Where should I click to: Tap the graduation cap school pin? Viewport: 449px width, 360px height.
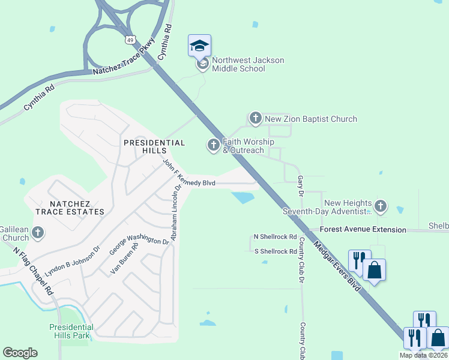200,46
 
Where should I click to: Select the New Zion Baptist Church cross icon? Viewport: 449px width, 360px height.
256,119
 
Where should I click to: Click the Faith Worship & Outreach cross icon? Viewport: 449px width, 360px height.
214,145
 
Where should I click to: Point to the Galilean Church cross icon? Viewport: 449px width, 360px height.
38,232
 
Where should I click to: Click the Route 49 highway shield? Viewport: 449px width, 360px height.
130,40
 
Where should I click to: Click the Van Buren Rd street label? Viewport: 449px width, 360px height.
125,259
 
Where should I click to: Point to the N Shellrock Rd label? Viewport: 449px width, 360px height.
275,238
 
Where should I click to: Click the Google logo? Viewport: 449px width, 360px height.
20,353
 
